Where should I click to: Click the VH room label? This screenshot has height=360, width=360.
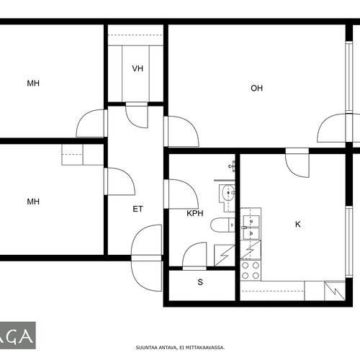pyautogui.click(x=138, y=68)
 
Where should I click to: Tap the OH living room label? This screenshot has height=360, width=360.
pyautogui.click(x=256, y=89)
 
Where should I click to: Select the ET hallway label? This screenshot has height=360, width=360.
pyautogui.click(x=138, y=209)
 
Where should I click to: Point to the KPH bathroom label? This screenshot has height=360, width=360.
pyautogui.click(x=195, y=213)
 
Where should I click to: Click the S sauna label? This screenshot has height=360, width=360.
pyautogui.click(x=200, y=282)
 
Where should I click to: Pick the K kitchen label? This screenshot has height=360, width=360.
pyautogui.click(x=298, y=225)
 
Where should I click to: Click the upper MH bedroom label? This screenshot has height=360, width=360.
pyautogui.click(x=33, y=84)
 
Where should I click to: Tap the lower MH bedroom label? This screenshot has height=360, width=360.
pyautogui.click(x=33, y=202)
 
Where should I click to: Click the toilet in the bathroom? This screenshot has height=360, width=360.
pyautogui.click(x=222, y=225)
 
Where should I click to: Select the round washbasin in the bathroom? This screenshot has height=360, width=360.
pyautogui.click(x=228, y=193)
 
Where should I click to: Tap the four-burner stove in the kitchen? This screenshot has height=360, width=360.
pyautogui.click(x=251, y=270)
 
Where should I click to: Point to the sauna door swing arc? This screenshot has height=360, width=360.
pyautogui.click(x=194, y=254)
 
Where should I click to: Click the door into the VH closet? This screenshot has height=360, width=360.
pyautogui.click(x=137, y=115)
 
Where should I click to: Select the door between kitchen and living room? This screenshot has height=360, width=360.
pyautogui.click(x=297, y=163)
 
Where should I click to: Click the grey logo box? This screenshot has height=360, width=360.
pyautogui.click(x=18, y=336)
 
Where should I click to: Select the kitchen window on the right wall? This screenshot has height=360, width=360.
pyautogui.click(x=349, y=241)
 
